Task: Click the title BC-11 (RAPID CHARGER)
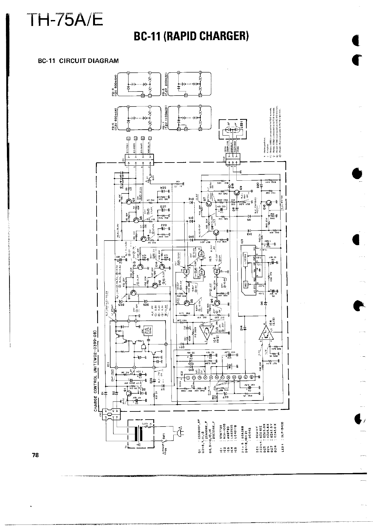coord(191,37)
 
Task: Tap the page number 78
coord(35,455)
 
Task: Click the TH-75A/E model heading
coord(65,19)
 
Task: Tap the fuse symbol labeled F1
coord(151,178)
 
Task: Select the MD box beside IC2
coord(229,366)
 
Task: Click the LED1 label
coord(244,128)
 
